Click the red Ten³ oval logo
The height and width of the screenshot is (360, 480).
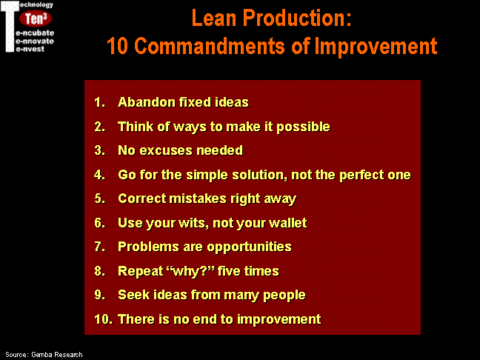36,19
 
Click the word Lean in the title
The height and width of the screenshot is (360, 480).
214,18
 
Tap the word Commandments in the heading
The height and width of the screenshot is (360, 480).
210,46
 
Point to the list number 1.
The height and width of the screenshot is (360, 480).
99,102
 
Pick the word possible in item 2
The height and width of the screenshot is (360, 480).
303,127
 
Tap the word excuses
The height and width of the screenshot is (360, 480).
166,150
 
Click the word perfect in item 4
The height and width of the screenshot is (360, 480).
361,175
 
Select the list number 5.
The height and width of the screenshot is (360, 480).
99,199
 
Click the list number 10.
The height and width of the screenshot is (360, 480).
103,319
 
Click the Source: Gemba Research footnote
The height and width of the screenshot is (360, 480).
44,355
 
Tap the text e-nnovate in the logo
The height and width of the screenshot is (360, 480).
35,41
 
